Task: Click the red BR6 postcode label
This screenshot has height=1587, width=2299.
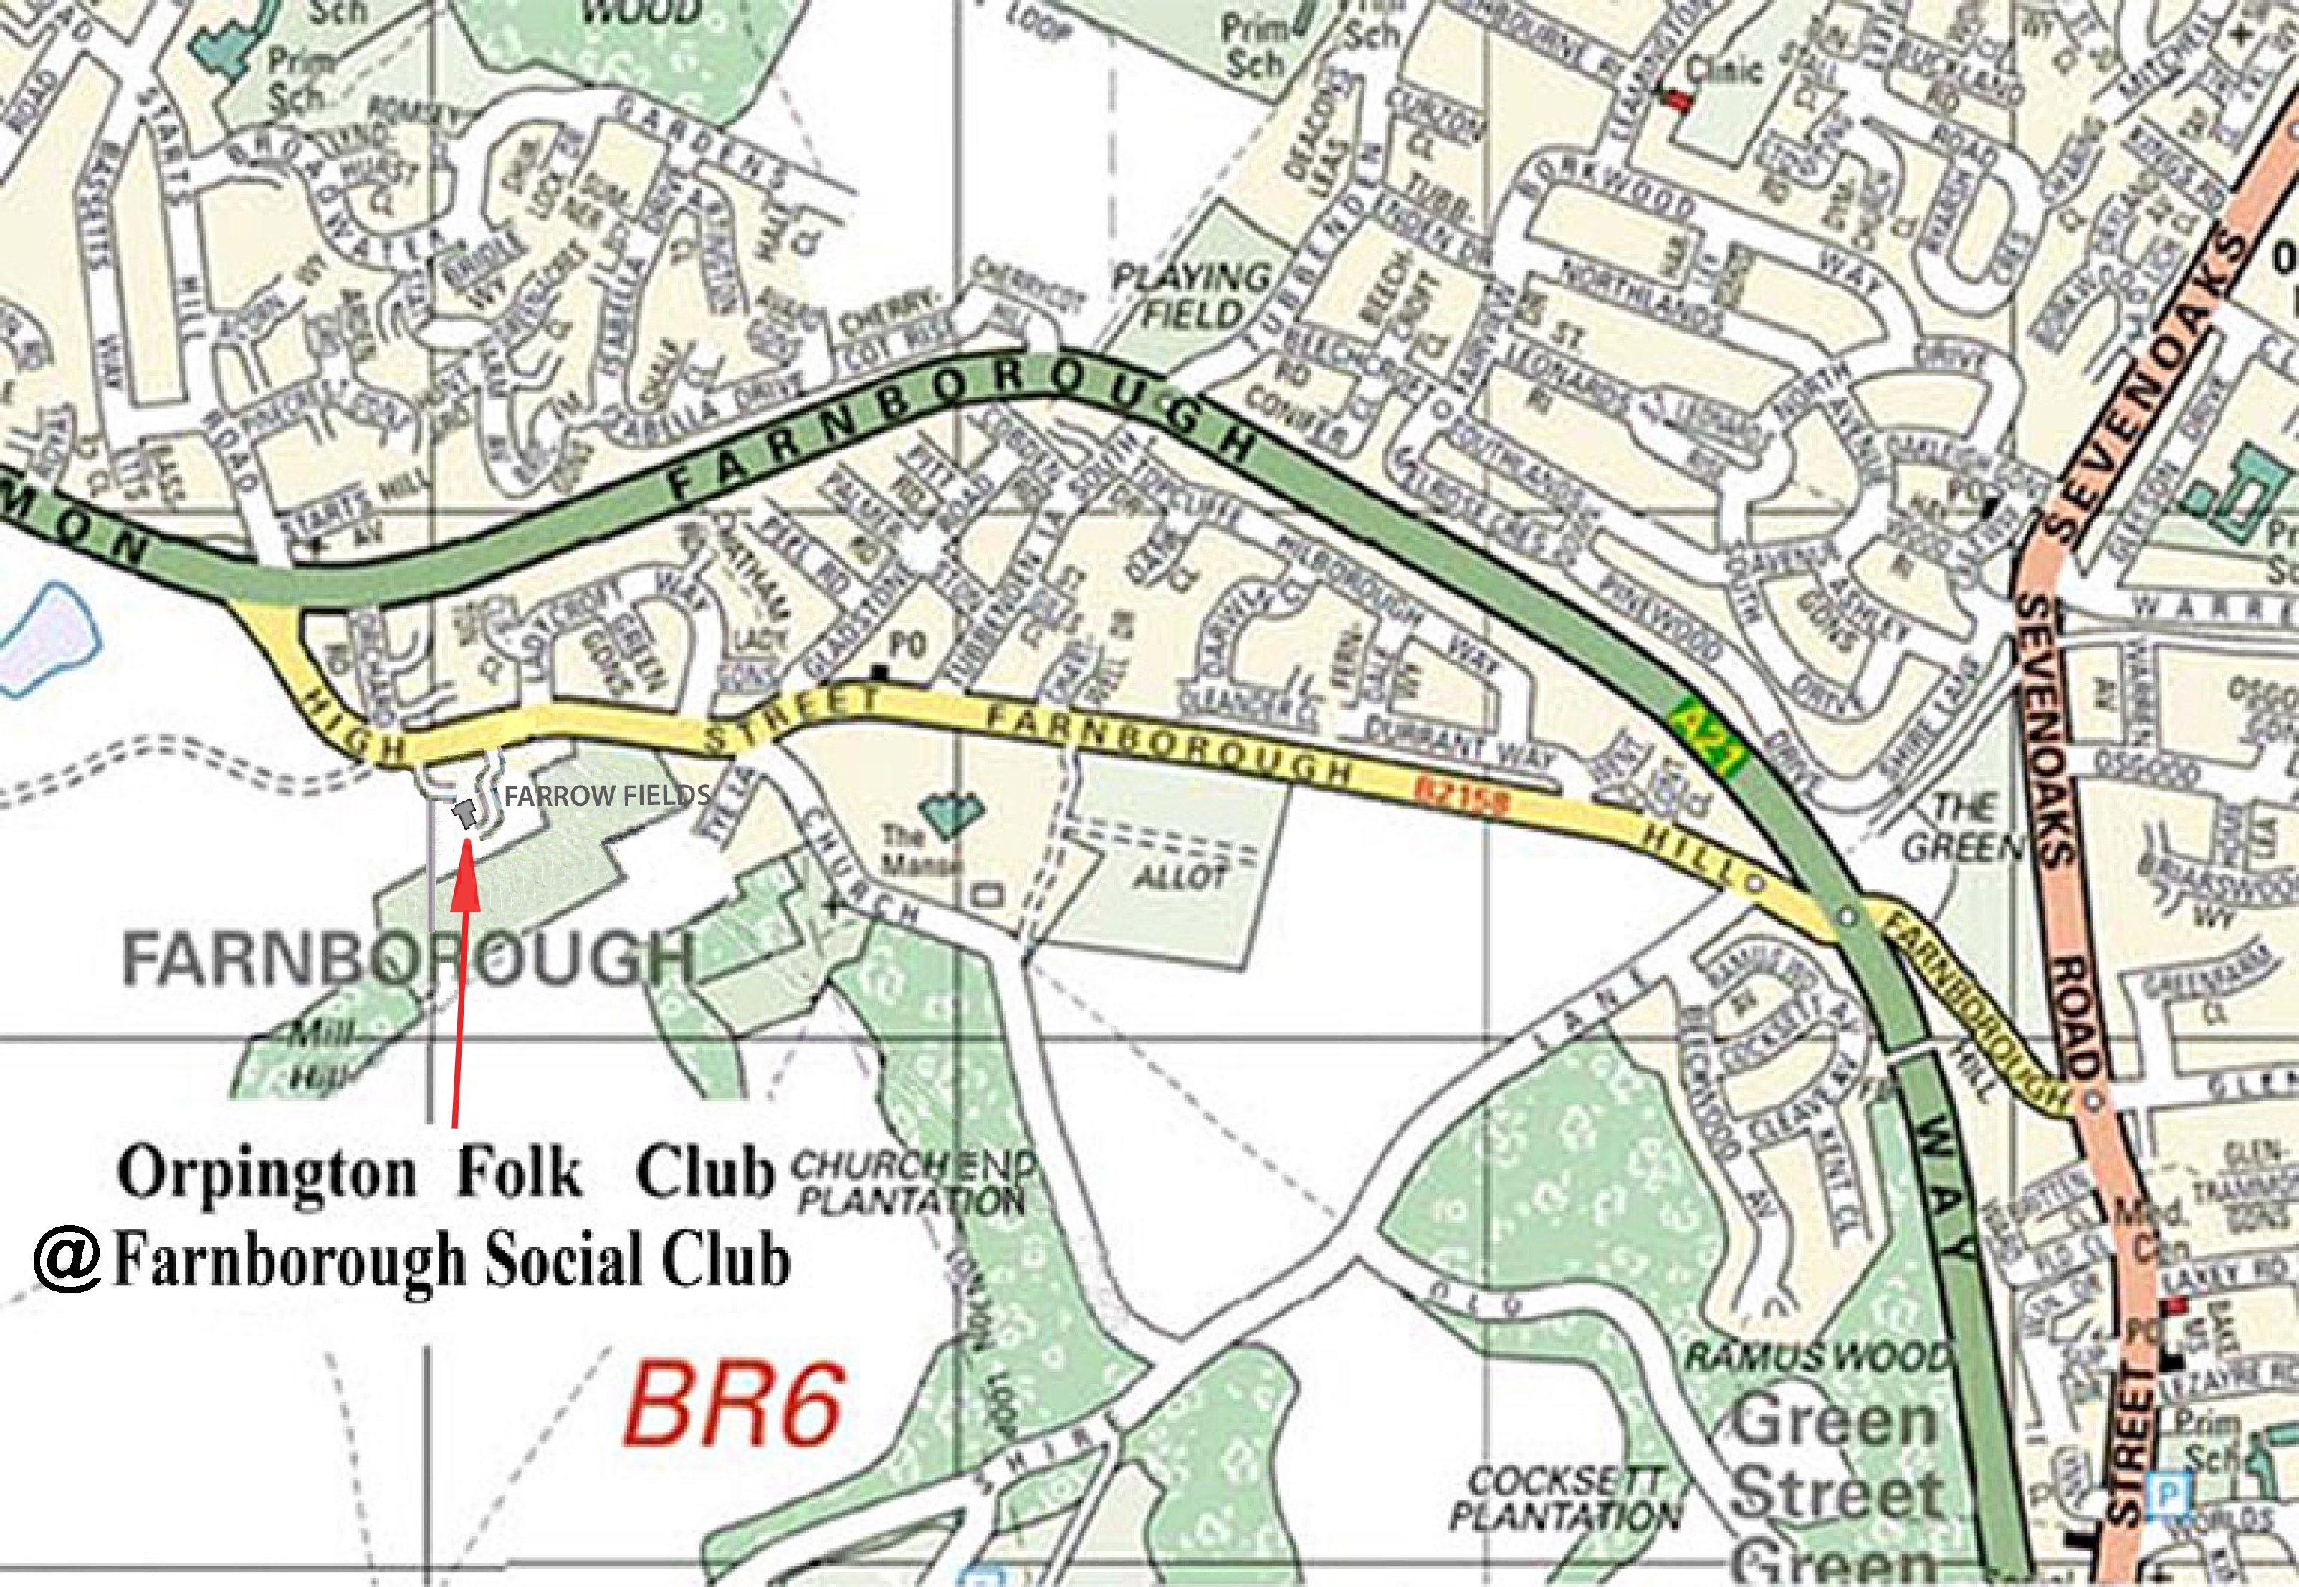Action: point(734,1406)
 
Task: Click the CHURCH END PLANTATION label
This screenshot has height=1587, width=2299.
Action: point(912,1182)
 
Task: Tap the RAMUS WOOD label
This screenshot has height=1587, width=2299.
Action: point(1817,1356)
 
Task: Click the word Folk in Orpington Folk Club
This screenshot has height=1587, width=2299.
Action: point(520,1173)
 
